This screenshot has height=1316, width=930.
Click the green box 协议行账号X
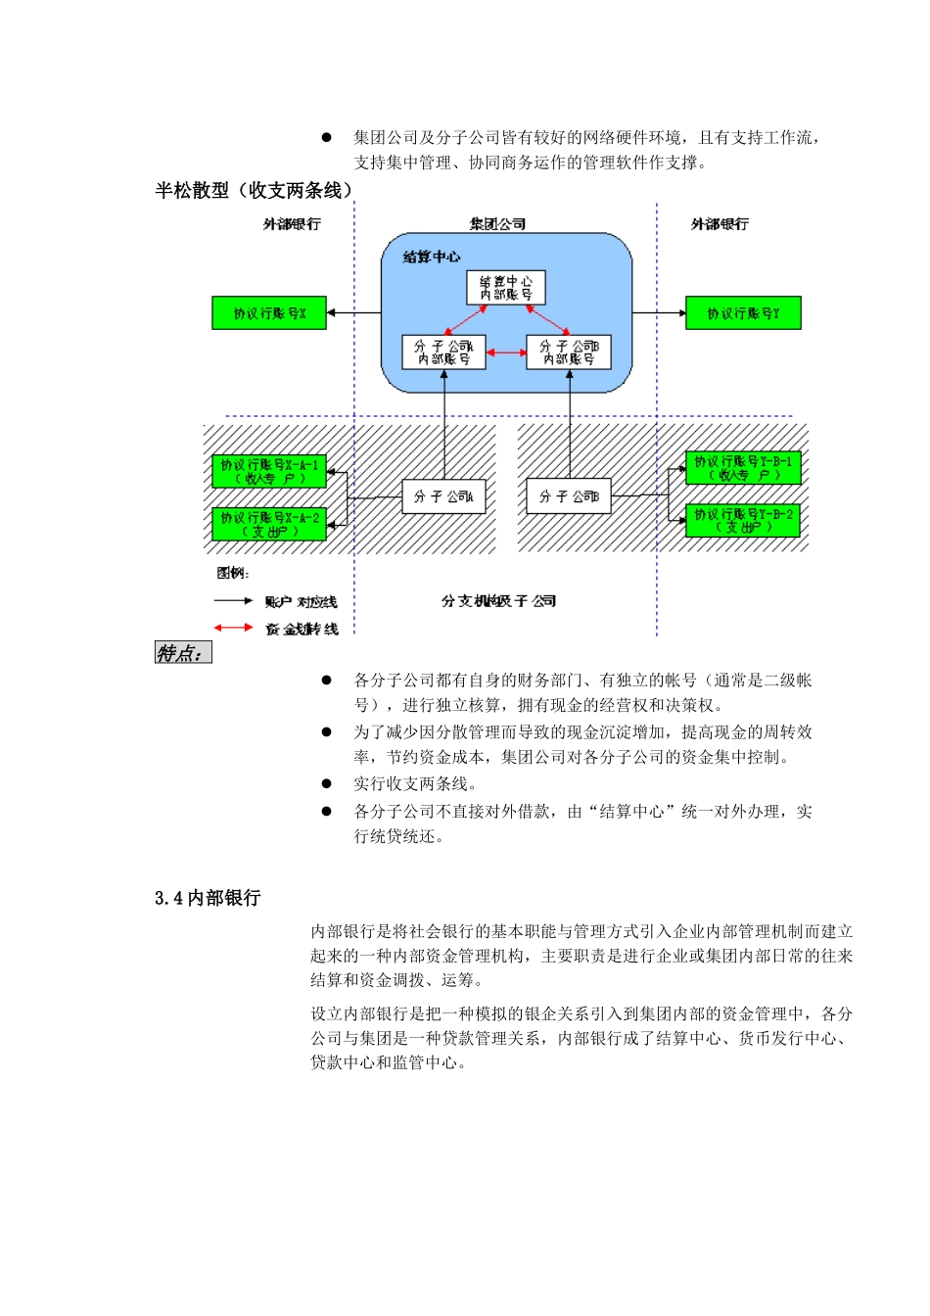coord(269,313)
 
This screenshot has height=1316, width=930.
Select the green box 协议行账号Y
coord(744,313)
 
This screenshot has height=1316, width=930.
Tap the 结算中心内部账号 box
coord(505,288)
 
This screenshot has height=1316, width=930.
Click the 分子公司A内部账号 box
coord(443,352)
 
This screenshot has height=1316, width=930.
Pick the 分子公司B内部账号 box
coord(569,352)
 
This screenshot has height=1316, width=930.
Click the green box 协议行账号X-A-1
coord(269,472)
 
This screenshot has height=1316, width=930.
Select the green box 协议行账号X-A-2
coord(269,524)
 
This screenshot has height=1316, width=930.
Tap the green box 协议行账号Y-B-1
coord(743,468)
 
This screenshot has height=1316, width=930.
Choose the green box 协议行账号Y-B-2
coord(743,521)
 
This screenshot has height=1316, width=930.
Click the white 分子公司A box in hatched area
coord(443,496)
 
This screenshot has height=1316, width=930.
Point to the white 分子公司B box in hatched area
coord(569,496)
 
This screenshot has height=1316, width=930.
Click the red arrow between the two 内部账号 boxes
coord(506,352)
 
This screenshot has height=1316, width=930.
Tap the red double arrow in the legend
coord(234,627)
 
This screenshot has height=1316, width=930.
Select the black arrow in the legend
coord(234,600)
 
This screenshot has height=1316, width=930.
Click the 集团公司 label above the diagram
coord(497,224)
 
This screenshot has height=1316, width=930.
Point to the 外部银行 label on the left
coord(292,224)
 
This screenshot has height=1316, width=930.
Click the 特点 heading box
coord(183,653)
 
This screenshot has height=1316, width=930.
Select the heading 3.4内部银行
coord(208,898)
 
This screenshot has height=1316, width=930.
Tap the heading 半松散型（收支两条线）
coord(254,190)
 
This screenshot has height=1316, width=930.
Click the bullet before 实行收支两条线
coord(327,783)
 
